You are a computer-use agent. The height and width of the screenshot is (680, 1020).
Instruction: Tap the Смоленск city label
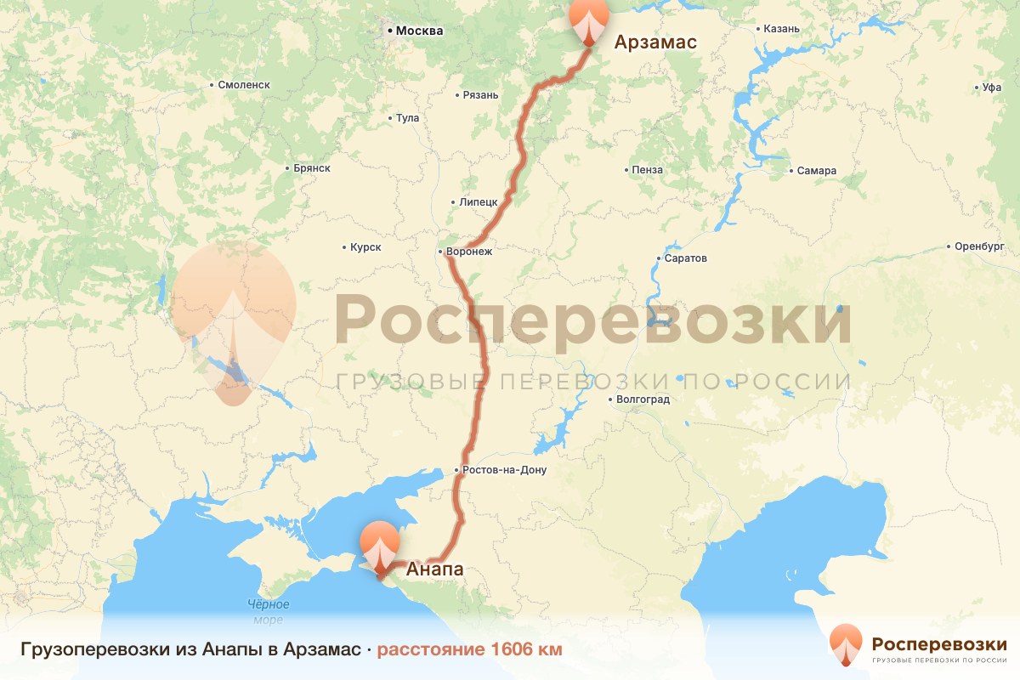(x=244, y=85)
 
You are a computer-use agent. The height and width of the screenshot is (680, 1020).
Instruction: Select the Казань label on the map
(x=781, y=29)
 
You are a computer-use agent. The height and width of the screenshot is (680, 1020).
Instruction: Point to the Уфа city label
(x=991, y=88)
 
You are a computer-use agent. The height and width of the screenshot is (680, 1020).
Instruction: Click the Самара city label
(x=816, y=171)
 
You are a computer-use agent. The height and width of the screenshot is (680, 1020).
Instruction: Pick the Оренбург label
(x=973, y=247)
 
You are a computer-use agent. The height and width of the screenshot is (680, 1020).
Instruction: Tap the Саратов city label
(x=687, y=258)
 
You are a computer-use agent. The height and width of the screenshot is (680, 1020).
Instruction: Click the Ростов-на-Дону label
(x=505, y=470)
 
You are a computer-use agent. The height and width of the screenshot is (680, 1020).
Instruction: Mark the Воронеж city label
(x=468, y=252)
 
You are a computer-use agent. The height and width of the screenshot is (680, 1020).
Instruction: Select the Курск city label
(x=365, y=247)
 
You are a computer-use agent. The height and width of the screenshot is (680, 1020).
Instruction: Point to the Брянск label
(x=311, y=168)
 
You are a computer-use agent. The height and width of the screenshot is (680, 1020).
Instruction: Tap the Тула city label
(x=407, y=118)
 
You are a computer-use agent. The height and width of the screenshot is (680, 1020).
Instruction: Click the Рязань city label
(x=480, y=95)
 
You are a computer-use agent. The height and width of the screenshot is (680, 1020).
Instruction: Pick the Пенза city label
(x=647, y=170)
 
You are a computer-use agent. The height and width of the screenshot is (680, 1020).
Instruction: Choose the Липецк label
(x=478, y=203)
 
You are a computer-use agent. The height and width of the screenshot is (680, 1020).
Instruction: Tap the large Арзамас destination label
(x=655, y=42)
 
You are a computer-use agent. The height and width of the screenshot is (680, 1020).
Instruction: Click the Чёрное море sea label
(x=269, y=612)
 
